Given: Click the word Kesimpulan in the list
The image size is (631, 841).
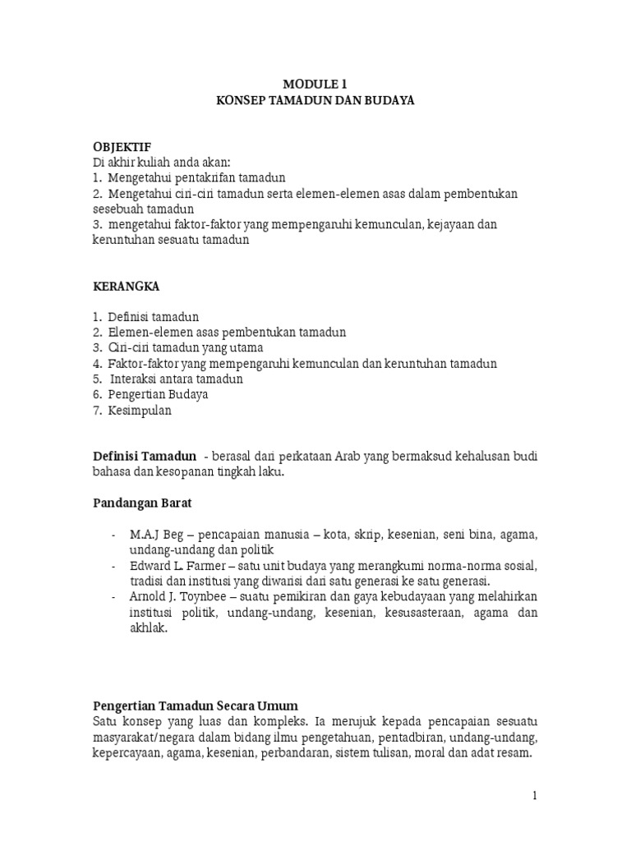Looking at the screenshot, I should (140, 411).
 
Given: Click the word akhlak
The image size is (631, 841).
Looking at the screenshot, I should (147, 628).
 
